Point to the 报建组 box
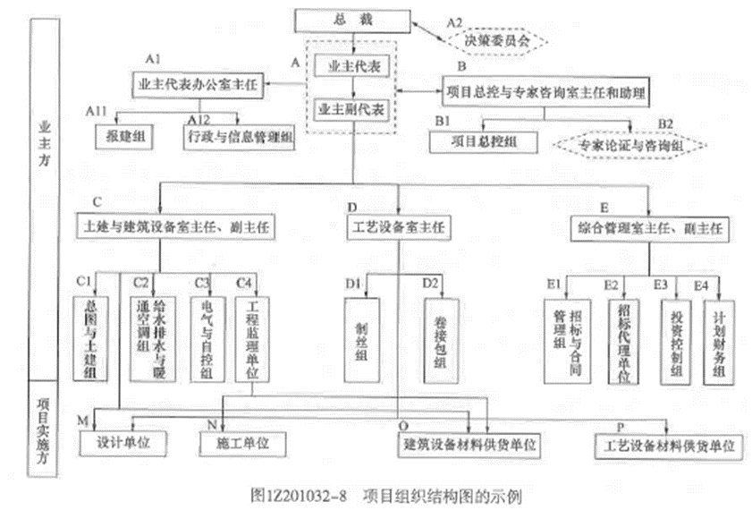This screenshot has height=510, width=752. pos(125,136)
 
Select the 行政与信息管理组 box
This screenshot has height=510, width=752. pos(239,136)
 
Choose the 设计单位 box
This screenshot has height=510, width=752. pos(126,442)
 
